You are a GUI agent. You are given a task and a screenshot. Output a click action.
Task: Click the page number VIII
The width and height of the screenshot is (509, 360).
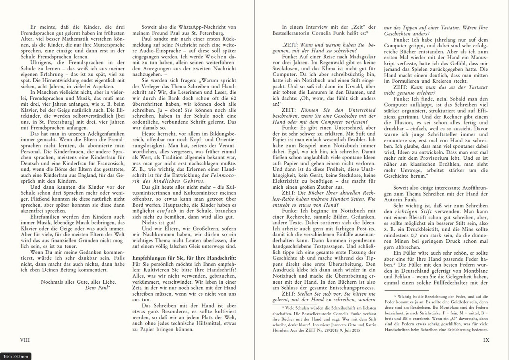(x=25, y=340)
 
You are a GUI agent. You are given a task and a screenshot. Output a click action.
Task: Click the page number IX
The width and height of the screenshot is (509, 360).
(x=486, y=340)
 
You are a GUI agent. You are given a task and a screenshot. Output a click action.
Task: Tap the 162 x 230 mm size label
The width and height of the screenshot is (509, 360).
(x=16, y=356)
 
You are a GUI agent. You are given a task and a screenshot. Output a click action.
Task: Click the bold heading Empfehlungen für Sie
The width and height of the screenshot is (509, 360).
(x=184, y=258)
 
